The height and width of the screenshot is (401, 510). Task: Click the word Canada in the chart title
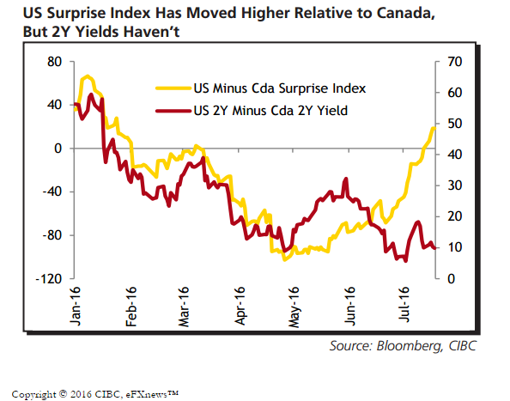(x=405, y=14)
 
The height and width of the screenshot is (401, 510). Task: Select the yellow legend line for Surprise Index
(x=173, y=88)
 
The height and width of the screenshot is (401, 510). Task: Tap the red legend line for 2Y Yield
(x=173, y=111)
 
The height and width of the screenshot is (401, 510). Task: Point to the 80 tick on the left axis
(x=54, y=62)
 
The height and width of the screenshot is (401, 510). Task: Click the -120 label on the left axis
(x=49, y=279)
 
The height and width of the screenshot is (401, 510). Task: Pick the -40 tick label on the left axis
(x=52, y=191)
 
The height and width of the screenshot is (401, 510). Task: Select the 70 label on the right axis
(x=454, y=62)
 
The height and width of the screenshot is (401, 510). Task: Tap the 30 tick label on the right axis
(x=454, y=185)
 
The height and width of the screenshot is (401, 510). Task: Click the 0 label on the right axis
(x=451, y=279)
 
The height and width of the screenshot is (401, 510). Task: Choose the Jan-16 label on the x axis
(x=75, y=306)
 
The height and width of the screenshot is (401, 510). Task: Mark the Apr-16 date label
(x=240, y=306)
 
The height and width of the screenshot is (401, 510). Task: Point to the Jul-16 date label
(x=404, y=304)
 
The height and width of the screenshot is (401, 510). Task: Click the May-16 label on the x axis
(x=294, y=307)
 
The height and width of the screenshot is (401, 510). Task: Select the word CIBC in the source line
(x=463, y=345)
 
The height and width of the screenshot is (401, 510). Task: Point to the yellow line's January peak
(x=88, y=76)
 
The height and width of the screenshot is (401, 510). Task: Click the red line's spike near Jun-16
(x=346, y=179)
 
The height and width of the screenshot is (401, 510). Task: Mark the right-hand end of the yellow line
(x=434, y=129)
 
